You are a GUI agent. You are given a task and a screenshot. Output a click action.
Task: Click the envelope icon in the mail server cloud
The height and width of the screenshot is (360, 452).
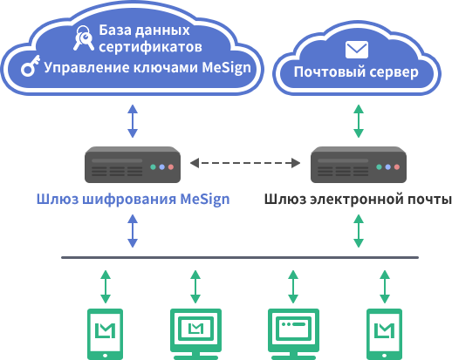(x=357, y=50)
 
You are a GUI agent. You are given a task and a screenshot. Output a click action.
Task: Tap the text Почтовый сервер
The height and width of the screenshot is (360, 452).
(x=356, y=72)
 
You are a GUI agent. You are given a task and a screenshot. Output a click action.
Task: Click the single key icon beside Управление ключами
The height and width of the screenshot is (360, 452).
(x=30, y=66)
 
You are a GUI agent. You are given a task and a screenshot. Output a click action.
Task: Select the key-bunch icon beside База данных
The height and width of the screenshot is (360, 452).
(x=84, y=37)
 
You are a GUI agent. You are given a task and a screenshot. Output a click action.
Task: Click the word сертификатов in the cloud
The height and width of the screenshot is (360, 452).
(x=150, y=47)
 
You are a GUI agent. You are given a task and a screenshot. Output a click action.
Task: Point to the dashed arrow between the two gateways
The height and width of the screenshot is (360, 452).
(x=245, y=163)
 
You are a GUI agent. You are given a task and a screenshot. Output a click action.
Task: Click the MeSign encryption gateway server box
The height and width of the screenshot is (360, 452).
(x=133, y=165)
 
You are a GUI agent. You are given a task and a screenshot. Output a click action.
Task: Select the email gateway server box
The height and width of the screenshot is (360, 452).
(x=359, y=165)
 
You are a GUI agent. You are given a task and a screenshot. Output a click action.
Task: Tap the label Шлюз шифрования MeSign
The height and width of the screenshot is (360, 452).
(x=134, y=200)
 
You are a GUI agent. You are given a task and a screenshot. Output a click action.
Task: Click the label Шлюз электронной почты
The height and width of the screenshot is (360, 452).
(x=358, y=200)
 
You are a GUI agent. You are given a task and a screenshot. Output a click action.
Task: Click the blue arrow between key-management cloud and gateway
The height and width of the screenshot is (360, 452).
(x=133, y=121)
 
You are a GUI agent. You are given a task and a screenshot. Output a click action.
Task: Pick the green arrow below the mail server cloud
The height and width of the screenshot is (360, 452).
(x=359, y=121)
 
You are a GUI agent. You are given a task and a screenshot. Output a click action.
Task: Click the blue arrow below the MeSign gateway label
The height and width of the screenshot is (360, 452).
(x=133, y=231)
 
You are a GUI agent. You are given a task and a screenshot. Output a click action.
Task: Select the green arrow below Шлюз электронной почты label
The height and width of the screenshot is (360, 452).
(x=359, y=231)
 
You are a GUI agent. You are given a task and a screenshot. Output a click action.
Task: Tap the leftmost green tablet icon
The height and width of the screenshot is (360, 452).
(x=106, y=334)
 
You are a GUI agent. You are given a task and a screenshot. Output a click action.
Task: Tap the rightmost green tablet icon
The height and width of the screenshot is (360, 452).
(x=384, y=334)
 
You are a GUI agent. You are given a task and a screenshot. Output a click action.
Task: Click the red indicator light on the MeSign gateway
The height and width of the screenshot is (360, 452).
(x=171, y=167)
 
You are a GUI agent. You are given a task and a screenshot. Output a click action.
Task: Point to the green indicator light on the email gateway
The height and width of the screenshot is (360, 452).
(x=379, y=167)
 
